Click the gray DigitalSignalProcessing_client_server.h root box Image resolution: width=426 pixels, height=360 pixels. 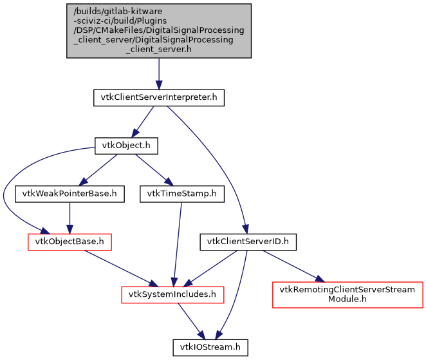pos(159,31)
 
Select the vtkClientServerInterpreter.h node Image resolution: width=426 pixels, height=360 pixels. pos(159,99)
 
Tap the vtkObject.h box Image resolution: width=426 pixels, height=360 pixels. pos(126,146)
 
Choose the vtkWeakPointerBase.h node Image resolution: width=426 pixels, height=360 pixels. pos(69,193)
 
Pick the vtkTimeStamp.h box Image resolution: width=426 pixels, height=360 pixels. pos(181,193)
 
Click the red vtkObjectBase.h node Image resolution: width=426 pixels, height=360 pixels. pos(69,242)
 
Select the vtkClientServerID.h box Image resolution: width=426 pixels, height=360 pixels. pos(248,242)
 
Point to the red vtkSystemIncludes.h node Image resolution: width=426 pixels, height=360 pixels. pos(173,294)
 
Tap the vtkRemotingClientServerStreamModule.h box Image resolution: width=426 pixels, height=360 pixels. pos(347,294)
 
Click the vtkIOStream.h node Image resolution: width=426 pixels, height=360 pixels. pos(209,347)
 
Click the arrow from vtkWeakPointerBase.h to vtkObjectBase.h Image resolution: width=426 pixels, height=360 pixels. pos(69,217)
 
